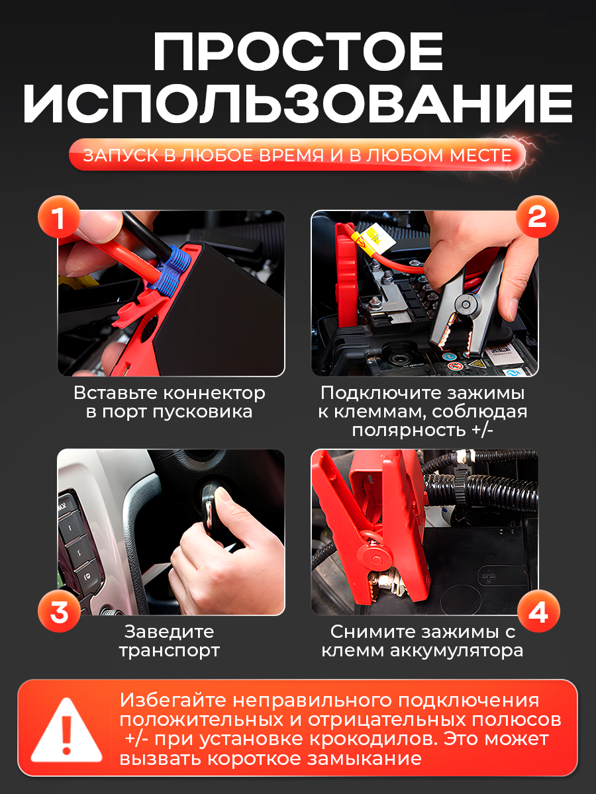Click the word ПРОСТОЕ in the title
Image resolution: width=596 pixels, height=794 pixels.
(x=298, y=52)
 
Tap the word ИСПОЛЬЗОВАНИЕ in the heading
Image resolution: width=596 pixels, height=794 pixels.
(x=298, y=104)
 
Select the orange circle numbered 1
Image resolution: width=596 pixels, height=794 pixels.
(x=59, y=217)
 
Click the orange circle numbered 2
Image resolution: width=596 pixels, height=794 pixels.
(x=537, y=217)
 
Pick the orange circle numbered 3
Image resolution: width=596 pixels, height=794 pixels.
(x=59, y=611)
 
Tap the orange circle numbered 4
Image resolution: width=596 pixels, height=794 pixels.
(x=538, y=611)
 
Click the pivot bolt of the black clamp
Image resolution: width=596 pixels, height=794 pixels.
(x=466, y=304)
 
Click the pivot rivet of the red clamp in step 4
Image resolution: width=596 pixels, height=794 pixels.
(x=376, y=560)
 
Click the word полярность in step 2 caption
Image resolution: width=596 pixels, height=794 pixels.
(x=409, y=431)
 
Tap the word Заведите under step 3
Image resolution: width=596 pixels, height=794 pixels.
(x=169, y=633)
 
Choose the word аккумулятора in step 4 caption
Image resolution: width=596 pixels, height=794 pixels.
(x=457, y=651)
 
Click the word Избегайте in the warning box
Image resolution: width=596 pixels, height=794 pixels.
(x=173, y=701)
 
